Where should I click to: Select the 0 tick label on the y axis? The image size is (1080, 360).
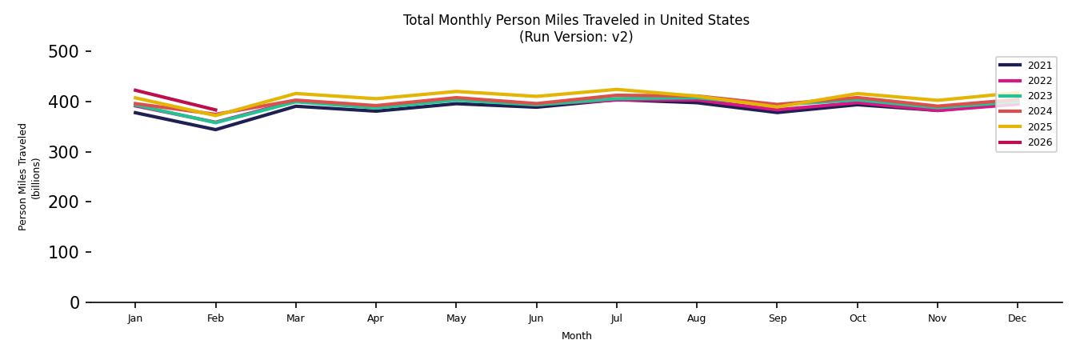coord(74,302)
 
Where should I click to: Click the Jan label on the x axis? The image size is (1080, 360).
coord(135,318)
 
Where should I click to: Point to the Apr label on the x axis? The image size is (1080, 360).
coord(375,318)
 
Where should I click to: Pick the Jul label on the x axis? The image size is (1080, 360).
coord(616,318)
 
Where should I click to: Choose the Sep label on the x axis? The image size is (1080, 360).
coord(777,318)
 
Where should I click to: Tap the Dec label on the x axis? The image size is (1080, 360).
coord(1017,318)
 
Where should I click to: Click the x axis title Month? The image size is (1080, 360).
coord(576,336)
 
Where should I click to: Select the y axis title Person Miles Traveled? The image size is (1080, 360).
coord(24,177)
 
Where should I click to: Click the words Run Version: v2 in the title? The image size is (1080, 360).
coord(576,37)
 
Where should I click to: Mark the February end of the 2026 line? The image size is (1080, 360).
coord(215,110)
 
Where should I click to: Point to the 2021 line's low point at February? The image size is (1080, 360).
coord(215,130)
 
